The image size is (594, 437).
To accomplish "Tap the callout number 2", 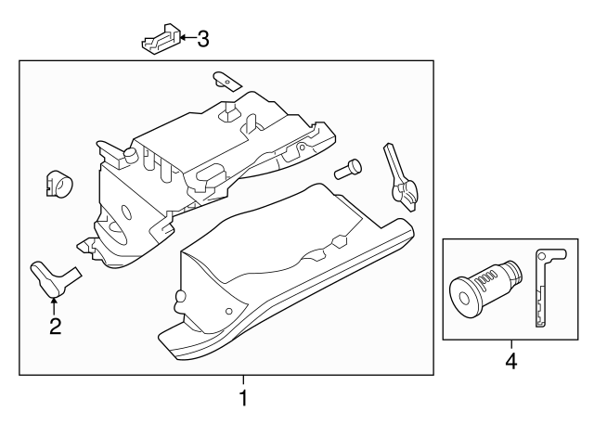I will (x=55, y=326).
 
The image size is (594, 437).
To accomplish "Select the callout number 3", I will (x=202, y=38).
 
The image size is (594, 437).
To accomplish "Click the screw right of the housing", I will (x=350, y=169).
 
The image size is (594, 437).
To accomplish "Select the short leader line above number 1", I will (x=243, y=380).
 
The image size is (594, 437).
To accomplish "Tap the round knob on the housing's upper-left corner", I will (x=131, y=153).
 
